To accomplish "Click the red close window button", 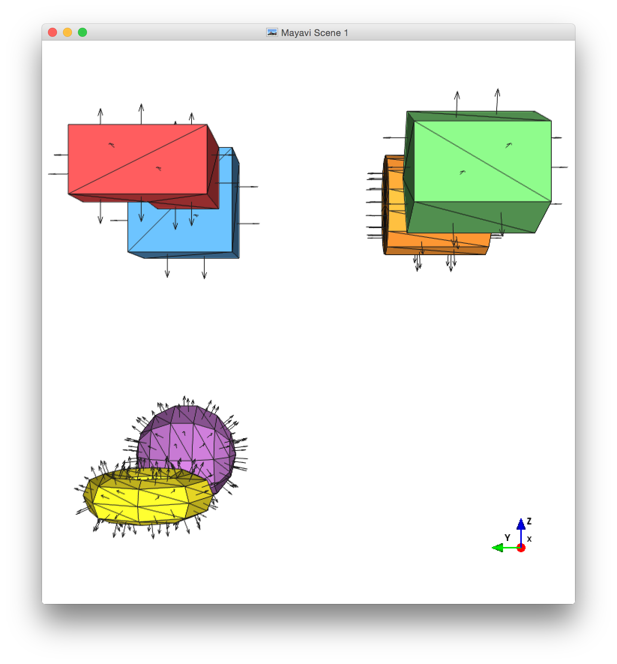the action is pyautogui.click(x=52, y=33).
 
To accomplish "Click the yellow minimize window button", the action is pyautogui.click(x=67, y=33).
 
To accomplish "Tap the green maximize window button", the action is pyautogui.click(x=82, y=33).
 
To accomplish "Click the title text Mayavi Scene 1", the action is pyautogui.click(x=314, y=33).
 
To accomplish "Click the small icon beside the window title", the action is pyautogui.click(x=272, y=33).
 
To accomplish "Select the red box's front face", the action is pyautogui.click(x=138, y=159).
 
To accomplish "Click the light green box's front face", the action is pyautogui.click(x=482, y=161).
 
